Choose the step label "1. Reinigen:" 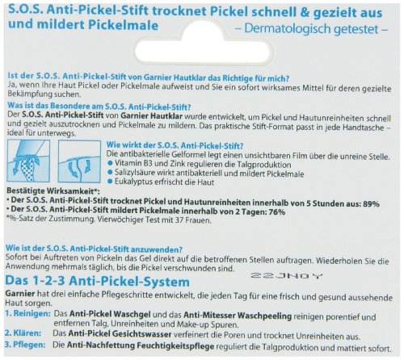24,311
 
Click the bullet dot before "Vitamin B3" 111,140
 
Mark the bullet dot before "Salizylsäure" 111,150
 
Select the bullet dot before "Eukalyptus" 111,160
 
